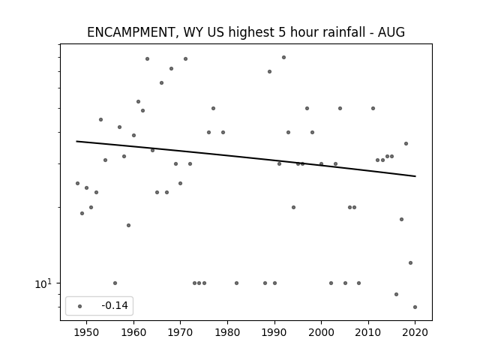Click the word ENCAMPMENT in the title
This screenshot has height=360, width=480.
130,32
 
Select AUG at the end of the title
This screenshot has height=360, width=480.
391,32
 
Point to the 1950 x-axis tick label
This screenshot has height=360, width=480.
87,332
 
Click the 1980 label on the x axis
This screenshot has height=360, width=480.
227,332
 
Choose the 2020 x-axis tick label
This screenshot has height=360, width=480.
415,332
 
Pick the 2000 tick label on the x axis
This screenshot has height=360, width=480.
321,332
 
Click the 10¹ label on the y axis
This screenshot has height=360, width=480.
43,283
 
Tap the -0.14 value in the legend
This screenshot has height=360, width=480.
115,305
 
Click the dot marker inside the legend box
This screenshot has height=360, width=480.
80,306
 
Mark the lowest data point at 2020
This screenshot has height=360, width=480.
415,307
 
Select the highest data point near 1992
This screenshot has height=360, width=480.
283,57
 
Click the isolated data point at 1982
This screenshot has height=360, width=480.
237,283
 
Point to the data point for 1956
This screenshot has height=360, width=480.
115,283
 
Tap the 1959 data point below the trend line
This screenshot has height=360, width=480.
128,225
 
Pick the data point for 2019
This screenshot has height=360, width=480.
410,262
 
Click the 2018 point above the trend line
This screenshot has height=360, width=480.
406,143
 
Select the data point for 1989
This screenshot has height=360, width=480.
270,72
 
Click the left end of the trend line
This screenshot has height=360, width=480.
76,141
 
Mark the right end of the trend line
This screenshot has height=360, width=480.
415,176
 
